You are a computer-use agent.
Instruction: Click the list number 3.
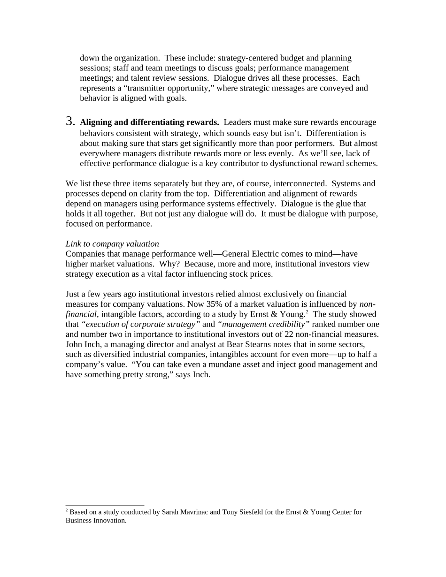(70, 121)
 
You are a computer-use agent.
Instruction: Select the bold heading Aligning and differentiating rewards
(149, 122)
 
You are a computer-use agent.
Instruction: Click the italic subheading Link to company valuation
(112, 244)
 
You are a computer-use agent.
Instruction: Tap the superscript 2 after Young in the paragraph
(307, 312)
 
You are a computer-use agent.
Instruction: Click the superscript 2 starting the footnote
(67, 510)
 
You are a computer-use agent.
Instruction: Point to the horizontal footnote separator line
(105, 505)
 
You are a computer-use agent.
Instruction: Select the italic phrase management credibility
(263, 324)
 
